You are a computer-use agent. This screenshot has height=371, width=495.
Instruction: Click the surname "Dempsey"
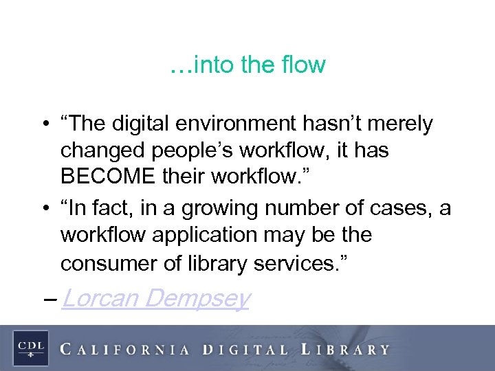tap(197, 300)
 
